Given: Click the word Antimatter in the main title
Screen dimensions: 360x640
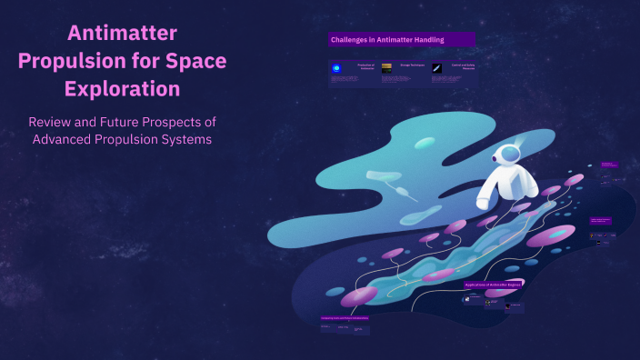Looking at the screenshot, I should [122, 35].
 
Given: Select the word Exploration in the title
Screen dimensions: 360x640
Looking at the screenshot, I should [122, 89].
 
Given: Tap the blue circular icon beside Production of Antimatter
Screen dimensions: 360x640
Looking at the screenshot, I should [336, 68].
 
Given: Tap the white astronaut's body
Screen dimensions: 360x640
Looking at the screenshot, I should [495, 185].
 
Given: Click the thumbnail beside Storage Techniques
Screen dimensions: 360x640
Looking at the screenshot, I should [386, 67].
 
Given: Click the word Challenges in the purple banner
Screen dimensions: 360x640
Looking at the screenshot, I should [350, 40].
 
